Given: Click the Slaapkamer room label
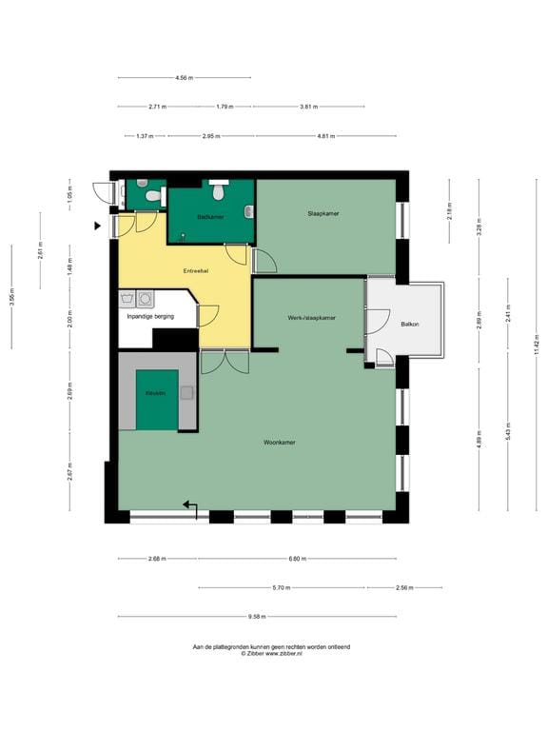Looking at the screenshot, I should (x=323, y=213).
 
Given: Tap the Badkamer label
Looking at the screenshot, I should (x=209, y=218).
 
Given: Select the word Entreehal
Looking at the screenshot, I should (x=196, y=272).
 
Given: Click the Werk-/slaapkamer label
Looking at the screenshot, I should (x=311, y=317).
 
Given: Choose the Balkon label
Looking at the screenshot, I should (x=410, y=325).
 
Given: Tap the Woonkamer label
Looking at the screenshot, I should (x=280, y=443).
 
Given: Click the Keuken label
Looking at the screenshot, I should (x=156, y=392).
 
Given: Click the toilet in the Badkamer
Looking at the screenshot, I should (x=219, y=192).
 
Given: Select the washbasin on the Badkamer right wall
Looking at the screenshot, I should (x=248, y=210).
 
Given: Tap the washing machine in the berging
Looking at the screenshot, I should (x=145, y=299).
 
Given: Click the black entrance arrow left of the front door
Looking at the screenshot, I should (x=98, y=226).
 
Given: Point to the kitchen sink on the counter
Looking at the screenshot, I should (x=186, y=391).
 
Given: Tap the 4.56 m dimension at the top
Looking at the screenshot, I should (x=184, y=77).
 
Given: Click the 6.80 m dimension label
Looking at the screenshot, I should (x=297, y=559).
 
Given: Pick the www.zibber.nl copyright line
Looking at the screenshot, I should (x=271, y=654).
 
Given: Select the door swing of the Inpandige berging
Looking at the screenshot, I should (x=208, y=315).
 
